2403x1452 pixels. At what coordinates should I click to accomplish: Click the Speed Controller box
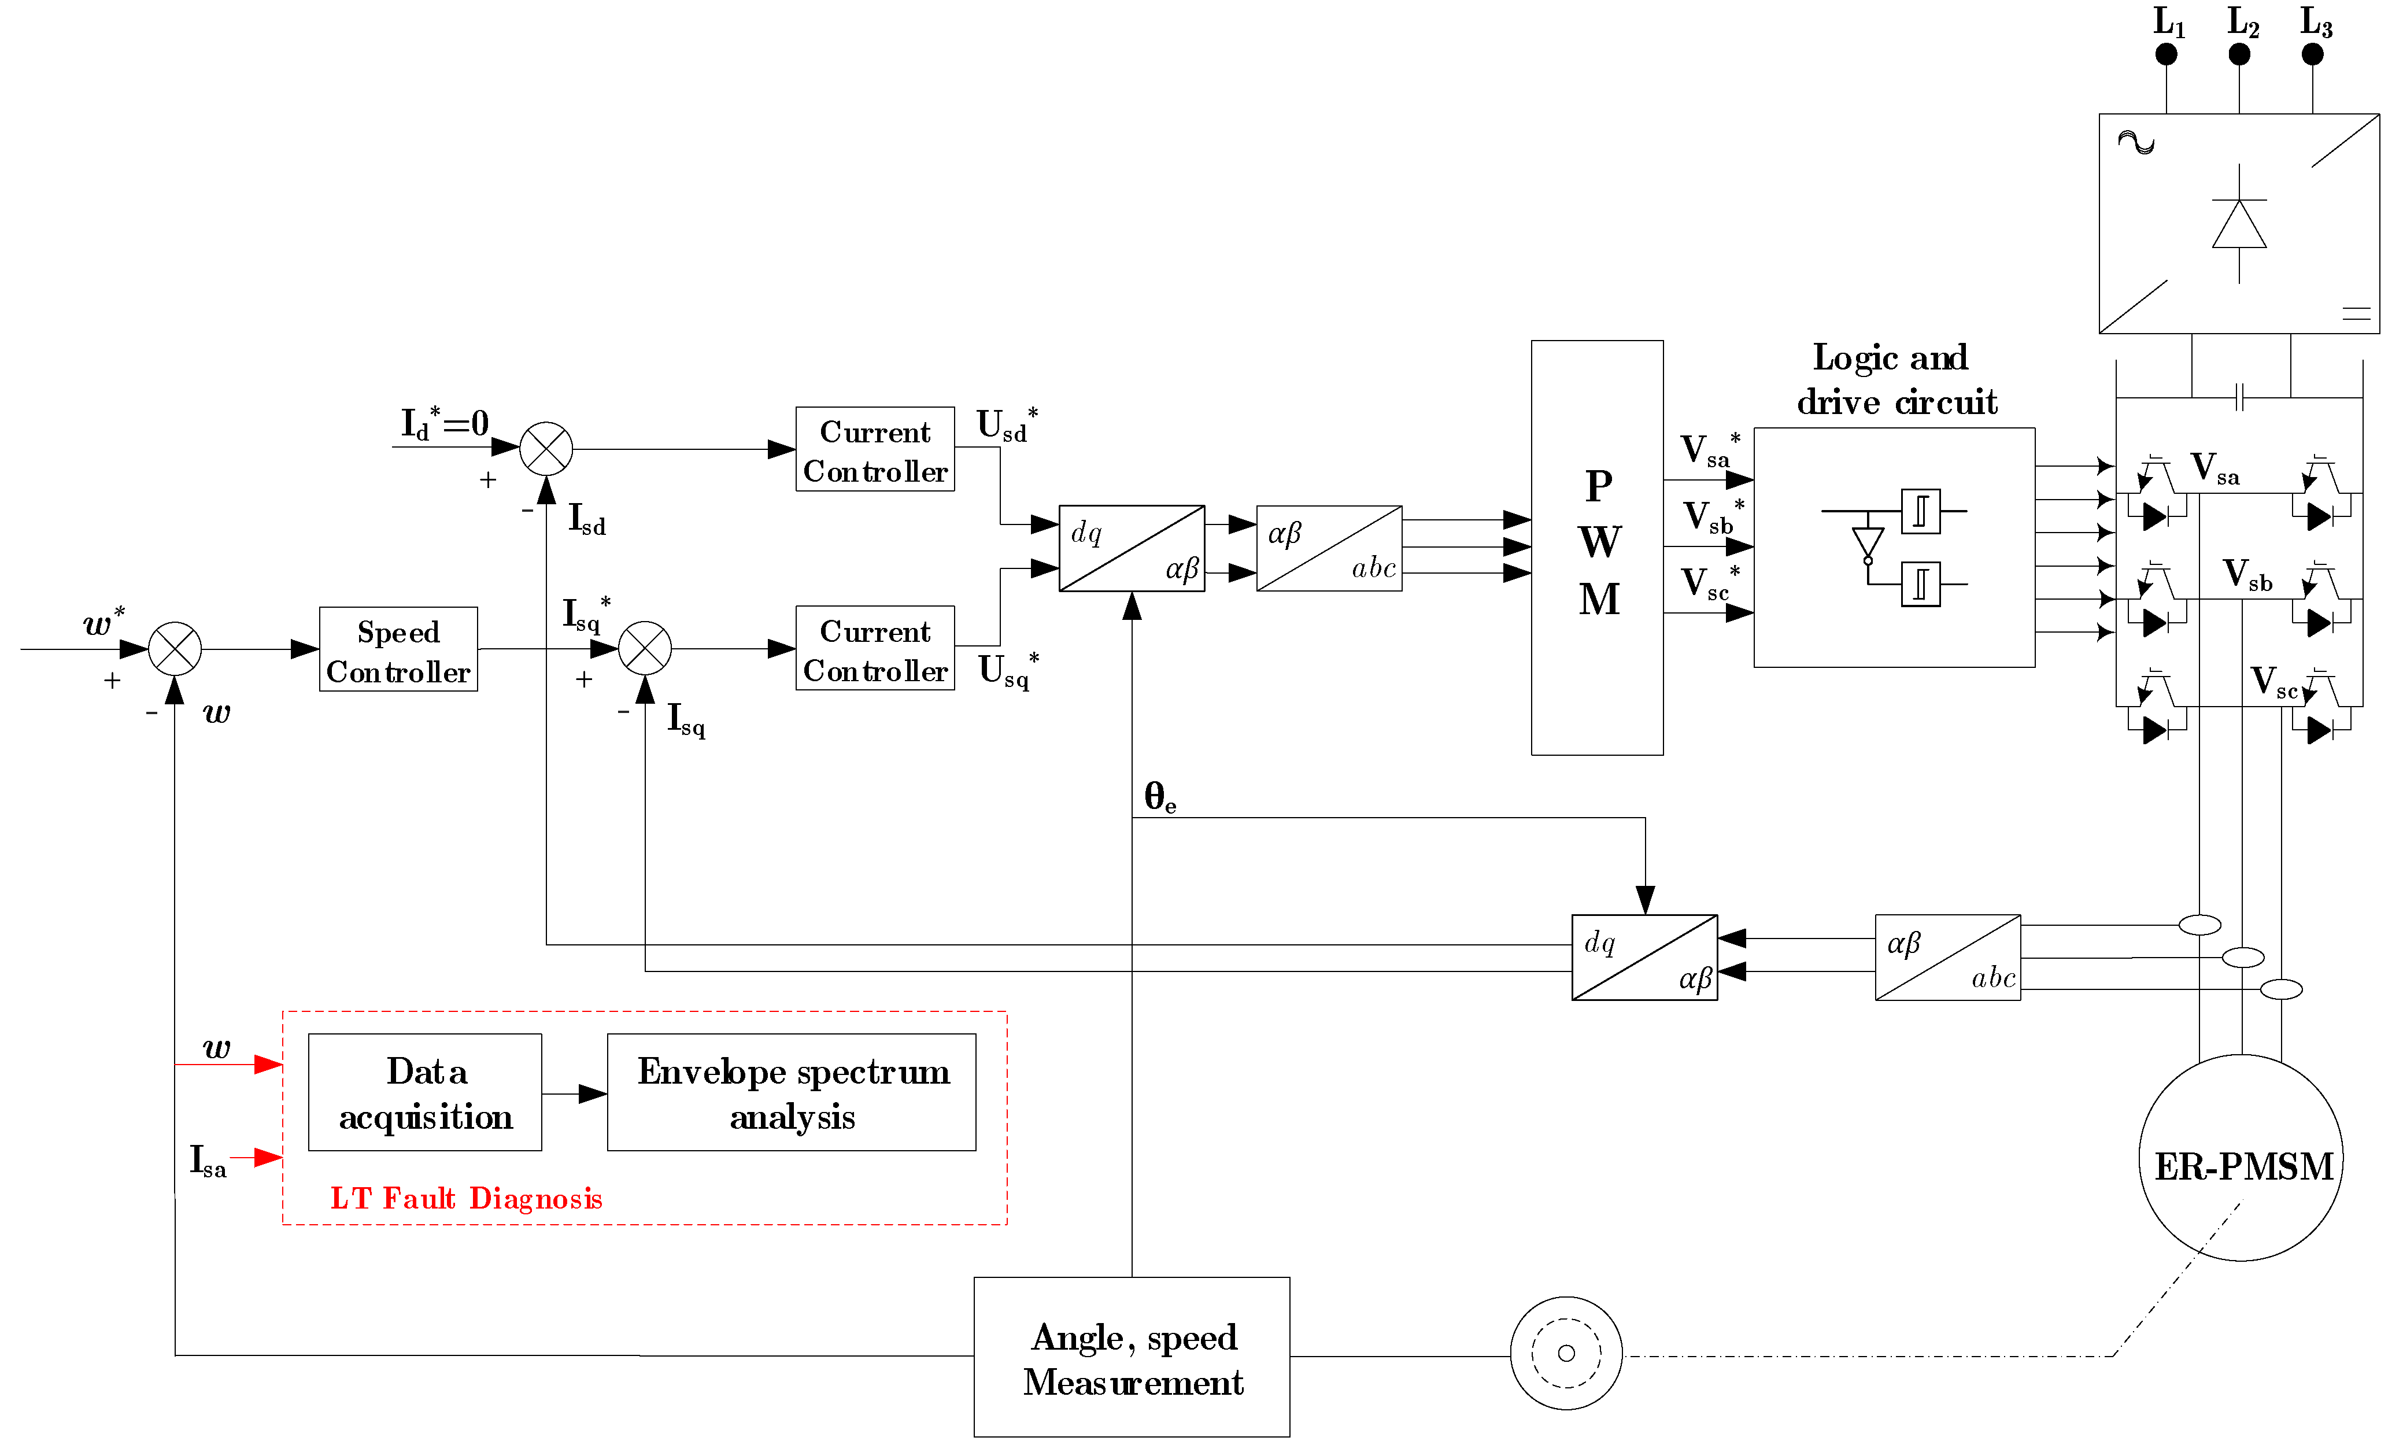(398, 649)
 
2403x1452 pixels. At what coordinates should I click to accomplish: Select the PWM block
(1596, 547)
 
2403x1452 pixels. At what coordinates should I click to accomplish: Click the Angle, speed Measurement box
(1132, 1357)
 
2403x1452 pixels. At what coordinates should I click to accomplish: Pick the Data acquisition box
(424, 1092)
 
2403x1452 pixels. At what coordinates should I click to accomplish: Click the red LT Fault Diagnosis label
(466, 1199)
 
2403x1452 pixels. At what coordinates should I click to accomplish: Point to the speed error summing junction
(175, 648)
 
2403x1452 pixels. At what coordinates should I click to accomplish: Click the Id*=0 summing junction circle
(546, 449)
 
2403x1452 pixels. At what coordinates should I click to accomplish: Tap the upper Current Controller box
(875, 449)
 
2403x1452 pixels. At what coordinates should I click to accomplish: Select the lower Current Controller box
(875, 648)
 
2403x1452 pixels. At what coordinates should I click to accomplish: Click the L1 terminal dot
(2166, 54)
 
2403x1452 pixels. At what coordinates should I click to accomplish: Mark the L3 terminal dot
(2312, 54)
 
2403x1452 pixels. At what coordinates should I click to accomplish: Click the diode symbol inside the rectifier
(2239, 224)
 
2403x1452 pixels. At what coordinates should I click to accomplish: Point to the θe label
(1159, 797)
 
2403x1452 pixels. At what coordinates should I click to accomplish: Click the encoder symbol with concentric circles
(1566, 1353)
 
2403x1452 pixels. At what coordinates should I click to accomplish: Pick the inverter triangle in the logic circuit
(1868, 543)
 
